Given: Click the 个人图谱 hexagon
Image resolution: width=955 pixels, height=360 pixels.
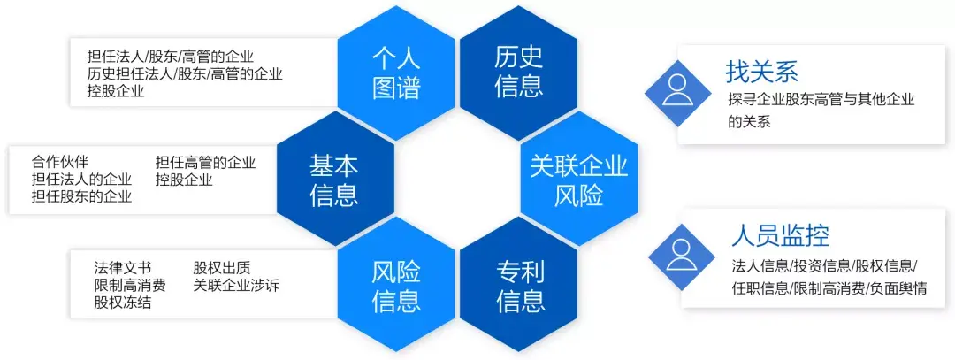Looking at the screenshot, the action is [x=396, y=73].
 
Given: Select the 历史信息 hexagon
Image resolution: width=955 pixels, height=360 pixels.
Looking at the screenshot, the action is [x=518, y=73].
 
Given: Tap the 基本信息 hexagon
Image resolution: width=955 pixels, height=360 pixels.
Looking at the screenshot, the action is [x=334, y=179].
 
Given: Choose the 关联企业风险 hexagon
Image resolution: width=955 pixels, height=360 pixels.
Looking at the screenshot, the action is [x=578, y=179].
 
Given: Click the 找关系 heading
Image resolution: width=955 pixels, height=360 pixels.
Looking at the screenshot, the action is [x=761, y=72].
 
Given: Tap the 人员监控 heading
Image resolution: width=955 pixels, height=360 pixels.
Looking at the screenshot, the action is [x=780, y=235].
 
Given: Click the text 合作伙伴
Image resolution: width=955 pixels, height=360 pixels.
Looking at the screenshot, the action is [x=60, y=162].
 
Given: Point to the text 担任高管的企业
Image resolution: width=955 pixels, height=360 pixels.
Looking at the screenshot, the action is [x=205, y=162].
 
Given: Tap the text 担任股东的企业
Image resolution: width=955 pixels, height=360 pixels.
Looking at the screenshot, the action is [x=81, y=196].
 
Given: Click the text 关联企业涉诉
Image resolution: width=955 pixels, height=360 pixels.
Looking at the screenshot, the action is [x=236, y=285].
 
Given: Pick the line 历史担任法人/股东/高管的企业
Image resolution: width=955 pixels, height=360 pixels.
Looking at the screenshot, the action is [x=185, y=74].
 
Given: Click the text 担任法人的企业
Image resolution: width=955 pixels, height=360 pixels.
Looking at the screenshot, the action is [x=81, y=179].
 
